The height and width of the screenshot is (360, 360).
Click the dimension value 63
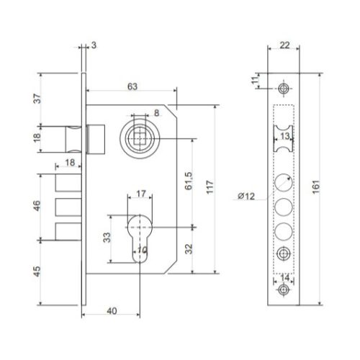point(132,86)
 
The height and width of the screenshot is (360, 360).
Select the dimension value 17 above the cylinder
point(140,194)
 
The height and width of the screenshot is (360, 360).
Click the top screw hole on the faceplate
point(284,88)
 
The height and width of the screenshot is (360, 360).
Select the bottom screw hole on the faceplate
point(284,289)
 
